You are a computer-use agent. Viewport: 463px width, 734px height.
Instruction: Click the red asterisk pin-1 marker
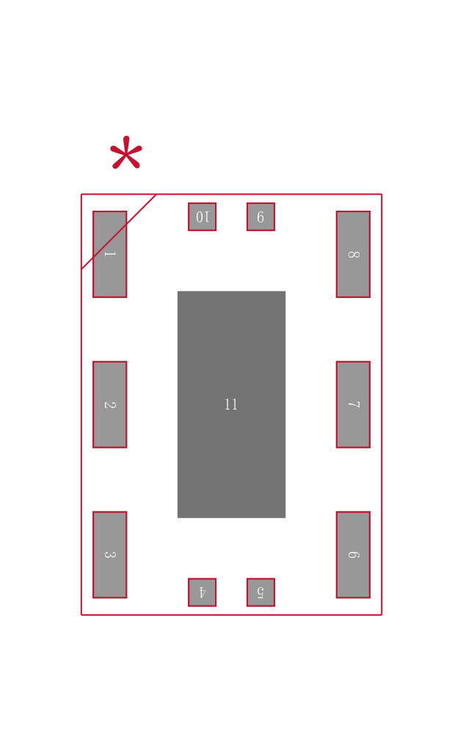pos(126,153)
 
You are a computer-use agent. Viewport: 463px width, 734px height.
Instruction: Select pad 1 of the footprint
pos(109,254)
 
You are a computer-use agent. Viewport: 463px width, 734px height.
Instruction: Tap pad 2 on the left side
pos(109,404)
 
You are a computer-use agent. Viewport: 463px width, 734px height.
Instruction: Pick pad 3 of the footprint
pos(109,555)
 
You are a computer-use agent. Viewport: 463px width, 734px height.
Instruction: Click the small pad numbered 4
pos(203,592)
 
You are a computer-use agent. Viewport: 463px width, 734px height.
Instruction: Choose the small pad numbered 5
pos(260,592)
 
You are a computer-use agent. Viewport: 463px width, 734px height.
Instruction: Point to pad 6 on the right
pos(353,555)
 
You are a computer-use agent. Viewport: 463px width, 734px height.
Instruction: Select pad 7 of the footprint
pos(353,404)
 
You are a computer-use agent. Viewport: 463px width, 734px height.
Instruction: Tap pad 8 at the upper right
pos(353,254)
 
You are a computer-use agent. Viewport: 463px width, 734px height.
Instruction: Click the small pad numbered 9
pos(260,217)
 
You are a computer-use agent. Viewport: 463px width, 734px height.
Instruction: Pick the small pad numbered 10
pos(203,217)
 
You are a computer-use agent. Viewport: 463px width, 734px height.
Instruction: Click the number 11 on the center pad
pos(231,404)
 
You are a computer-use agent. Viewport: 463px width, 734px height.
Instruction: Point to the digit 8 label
pos(354,255)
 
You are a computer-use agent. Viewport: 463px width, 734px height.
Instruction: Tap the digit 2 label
pos(110,404)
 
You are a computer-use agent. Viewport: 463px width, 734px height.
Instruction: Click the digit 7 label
pos(354,404)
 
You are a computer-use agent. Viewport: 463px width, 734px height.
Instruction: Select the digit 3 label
pos(110,555)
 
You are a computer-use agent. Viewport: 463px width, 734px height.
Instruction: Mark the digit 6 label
pos(354,555)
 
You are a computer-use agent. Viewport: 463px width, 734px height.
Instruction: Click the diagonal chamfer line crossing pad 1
pos(119,232)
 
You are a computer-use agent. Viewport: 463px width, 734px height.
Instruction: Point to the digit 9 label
pos(260,217)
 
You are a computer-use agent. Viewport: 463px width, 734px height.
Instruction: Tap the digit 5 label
pos(260,592)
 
